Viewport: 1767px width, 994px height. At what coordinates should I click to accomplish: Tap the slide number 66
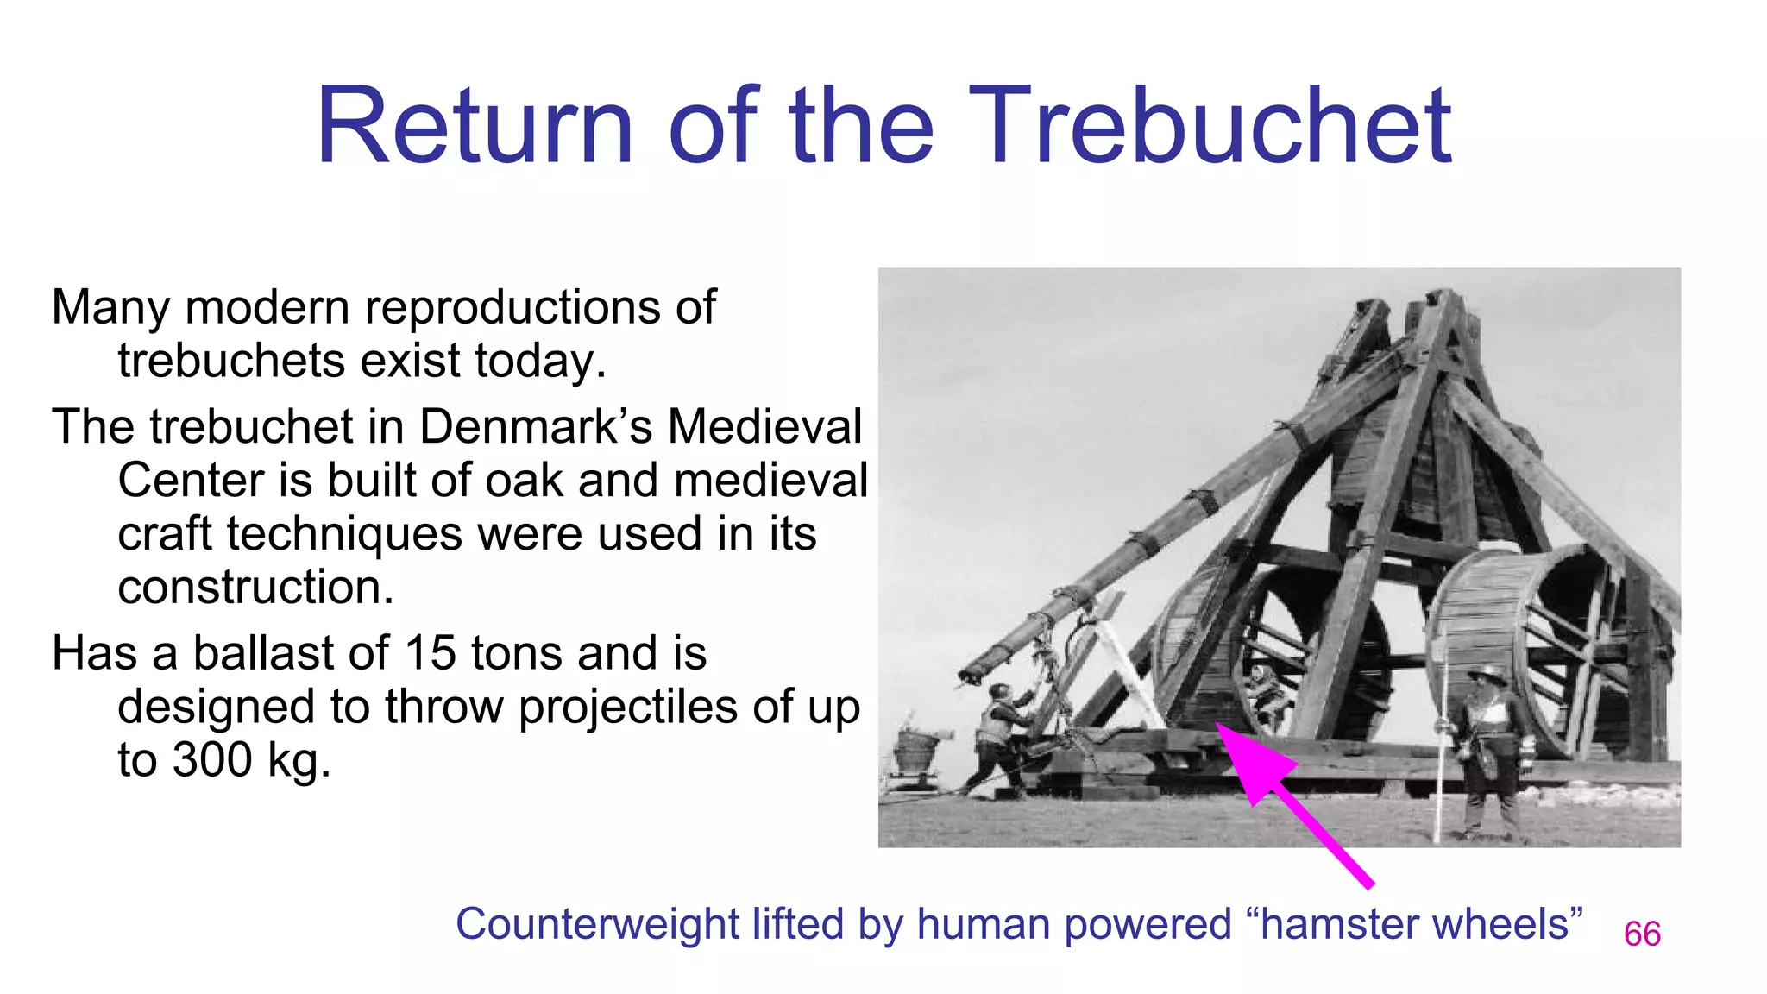(x=1642, y=934)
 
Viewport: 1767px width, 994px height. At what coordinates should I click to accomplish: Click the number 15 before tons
(x=430, y=653)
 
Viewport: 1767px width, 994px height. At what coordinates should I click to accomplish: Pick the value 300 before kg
(x=211, y=760)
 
